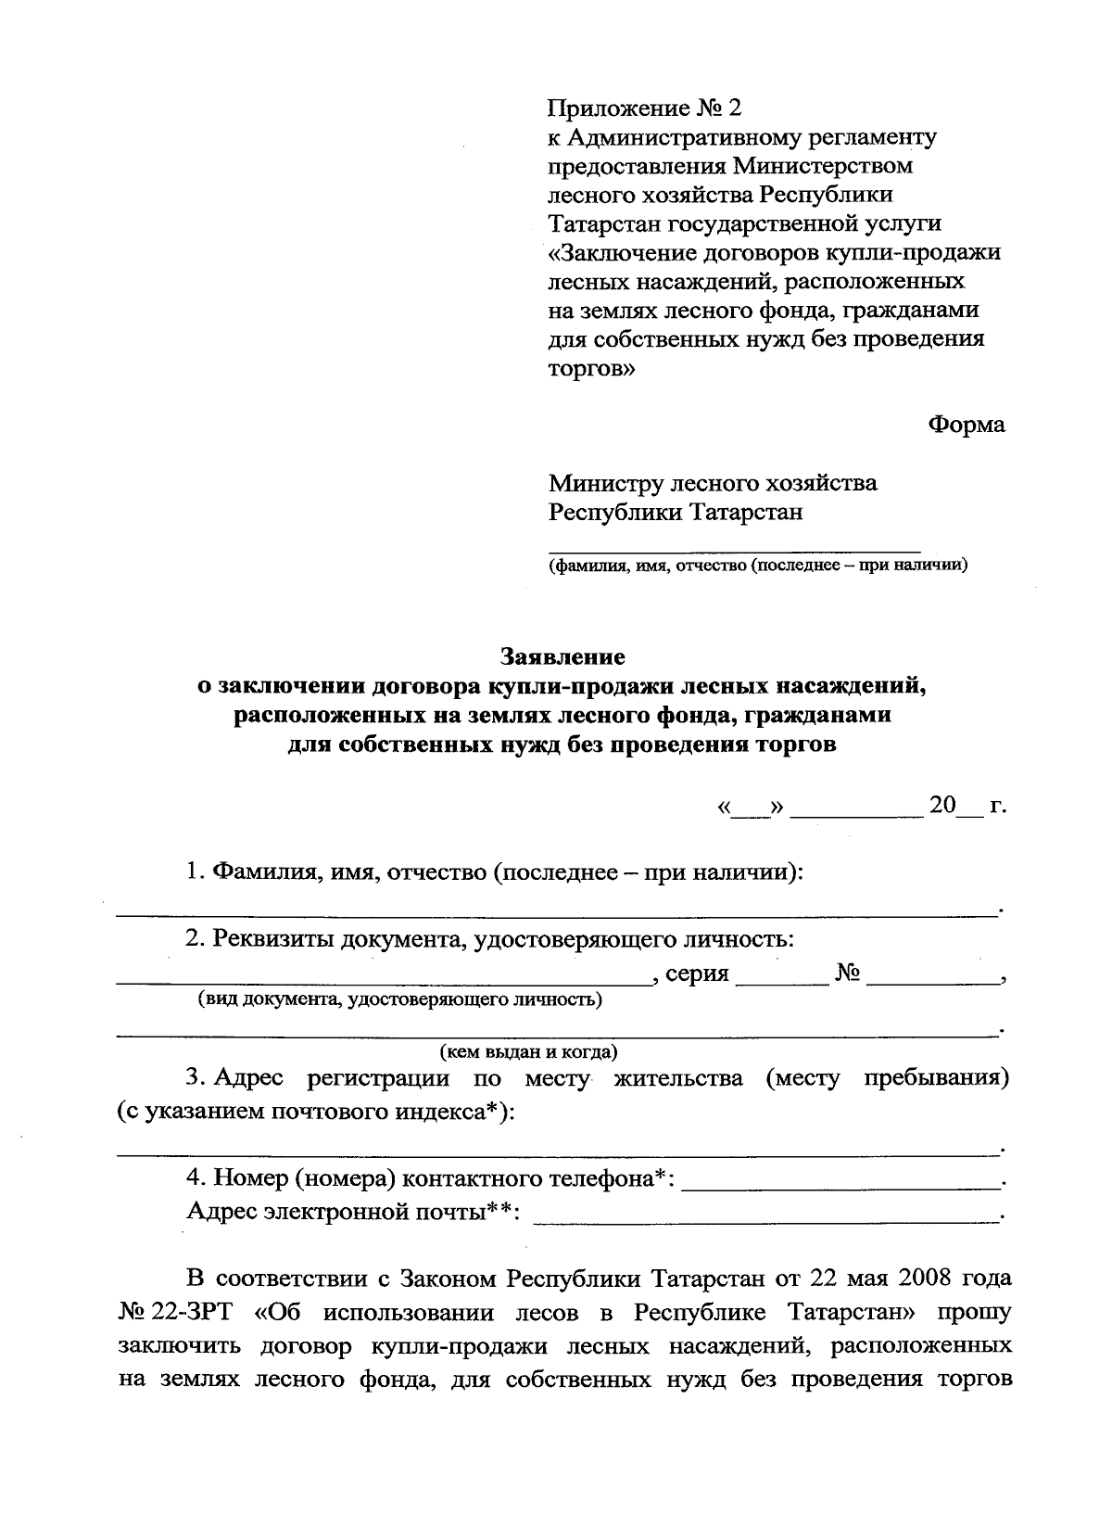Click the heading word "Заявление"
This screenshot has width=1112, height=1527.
pyautogui.click(x=562, y=657)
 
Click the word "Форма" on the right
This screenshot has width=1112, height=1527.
pyautogui.click(x=967, y=426)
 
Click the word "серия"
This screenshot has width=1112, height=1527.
pyautogui.click(x=696, y=974)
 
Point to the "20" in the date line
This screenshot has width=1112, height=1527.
pyautogui.click(x=942, y=805)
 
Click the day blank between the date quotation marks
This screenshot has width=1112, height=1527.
pyautogui.click(x=751, y=810)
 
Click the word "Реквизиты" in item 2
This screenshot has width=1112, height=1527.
pyautogui.click(x=273, y=938)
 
